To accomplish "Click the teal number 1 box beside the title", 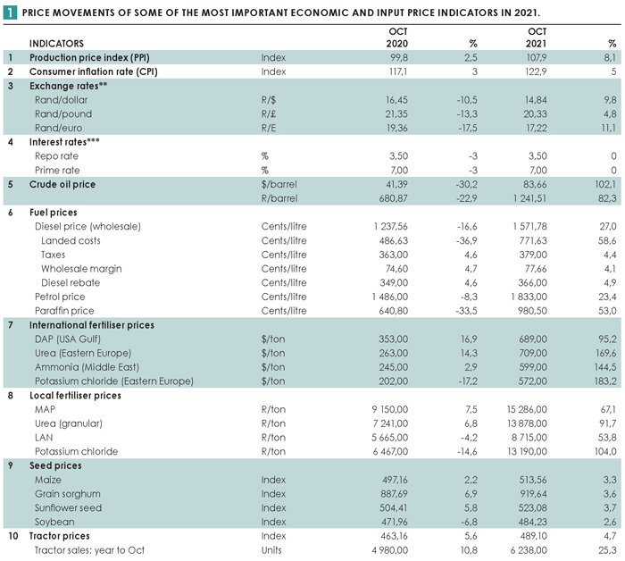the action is coord(10,13).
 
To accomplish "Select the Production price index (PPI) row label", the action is coord(89,57).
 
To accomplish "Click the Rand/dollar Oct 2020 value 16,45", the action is coord(396,100).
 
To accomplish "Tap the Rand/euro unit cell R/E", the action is coord(269,128).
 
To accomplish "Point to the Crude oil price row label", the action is coord(62,184).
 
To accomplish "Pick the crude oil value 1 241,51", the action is coord(529,198).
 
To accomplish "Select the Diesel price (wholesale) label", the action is coord(87,227).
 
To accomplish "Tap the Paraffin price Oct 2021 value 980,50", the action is coord(532,311).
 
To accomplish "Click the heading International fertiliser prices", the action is coord(92,325).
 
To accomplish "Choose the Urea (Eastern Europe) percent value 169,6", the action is coord(605,353).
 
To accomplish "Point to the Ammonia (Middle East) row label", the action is coord(87,367).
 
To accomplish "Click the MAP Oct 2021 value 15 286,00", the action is coord(527,409).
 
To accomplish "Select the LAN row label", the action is coord(44,438).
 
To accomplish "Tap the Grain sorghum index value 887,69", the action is coord(395,494).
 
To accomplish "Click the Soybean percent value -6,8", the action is coord(468,522).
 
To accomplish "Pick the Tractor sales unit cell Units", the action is coord(271,550).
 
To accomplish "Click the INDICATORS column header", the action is coord(56,44).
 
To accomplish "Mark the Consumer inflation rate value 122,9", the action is coord(536,71).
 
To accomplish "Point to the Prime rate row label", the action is coord(57,171).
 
